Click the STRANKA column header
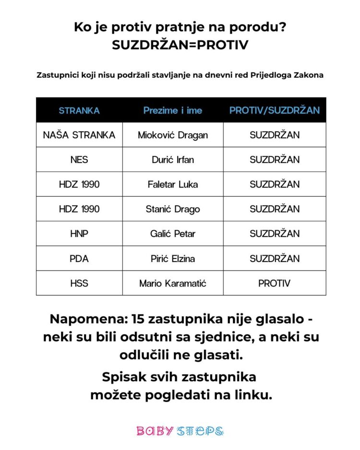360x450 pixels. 79,110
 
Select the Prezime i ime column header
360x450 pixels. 173,110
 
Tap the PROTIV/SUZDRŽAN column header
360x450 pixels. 275,110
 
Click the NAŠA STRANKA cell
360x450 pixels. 79,135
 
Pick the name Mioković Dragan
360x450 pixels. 173,135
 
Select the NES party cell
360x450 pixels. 79,160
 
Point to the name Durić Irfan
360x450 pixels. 173,160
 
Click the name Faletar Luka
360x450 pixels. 173,184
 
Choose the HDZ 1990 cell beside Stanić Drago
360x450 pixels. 79,209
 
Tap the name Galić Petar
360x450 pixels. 173,234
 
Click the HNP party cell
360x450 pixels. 79,234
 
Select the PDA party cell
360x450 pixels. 79,259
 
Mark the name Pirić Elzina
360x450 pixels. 173,259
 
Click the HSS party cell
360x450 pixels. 79,283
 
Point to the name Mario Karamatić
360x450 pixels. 173,283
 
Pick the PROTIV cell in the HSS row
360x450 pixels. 275,283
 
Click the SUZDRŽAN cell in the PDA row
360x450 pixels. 275,259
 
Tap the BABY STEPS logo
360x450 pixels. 180,430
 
